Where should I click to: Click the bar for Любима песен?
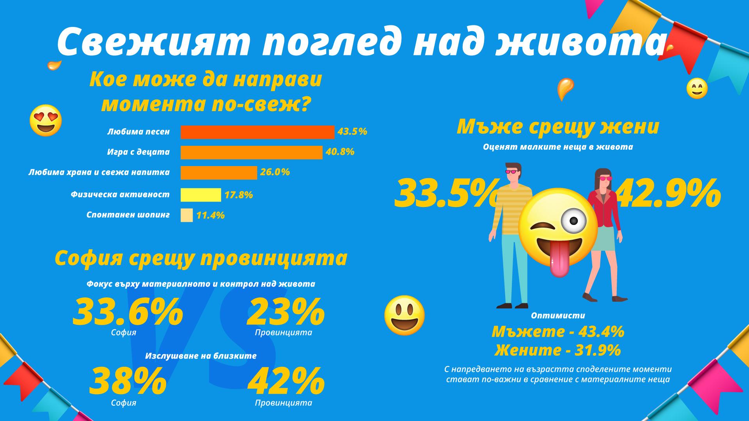[257, 132]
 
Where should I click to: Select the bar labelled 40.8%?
[251, 152]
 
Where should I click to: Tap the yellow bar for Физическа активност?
[201, 195]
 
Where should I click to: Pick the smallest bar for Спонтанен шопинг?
[186, 215]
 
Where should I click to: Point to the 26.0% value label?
[275, 172]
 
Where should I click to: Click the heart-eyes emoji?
[46, 120]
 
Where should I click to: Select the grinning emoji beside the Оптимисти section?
[405, 315]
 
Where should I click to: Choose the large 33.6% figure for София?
[128, 312]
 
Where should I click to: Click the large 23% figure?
[286, 312]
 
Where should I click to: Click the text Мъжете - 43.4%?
[558, 332]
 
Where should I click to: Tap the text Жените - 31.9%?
[558, 350]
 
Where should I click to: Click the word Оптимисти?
[558, 316]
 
